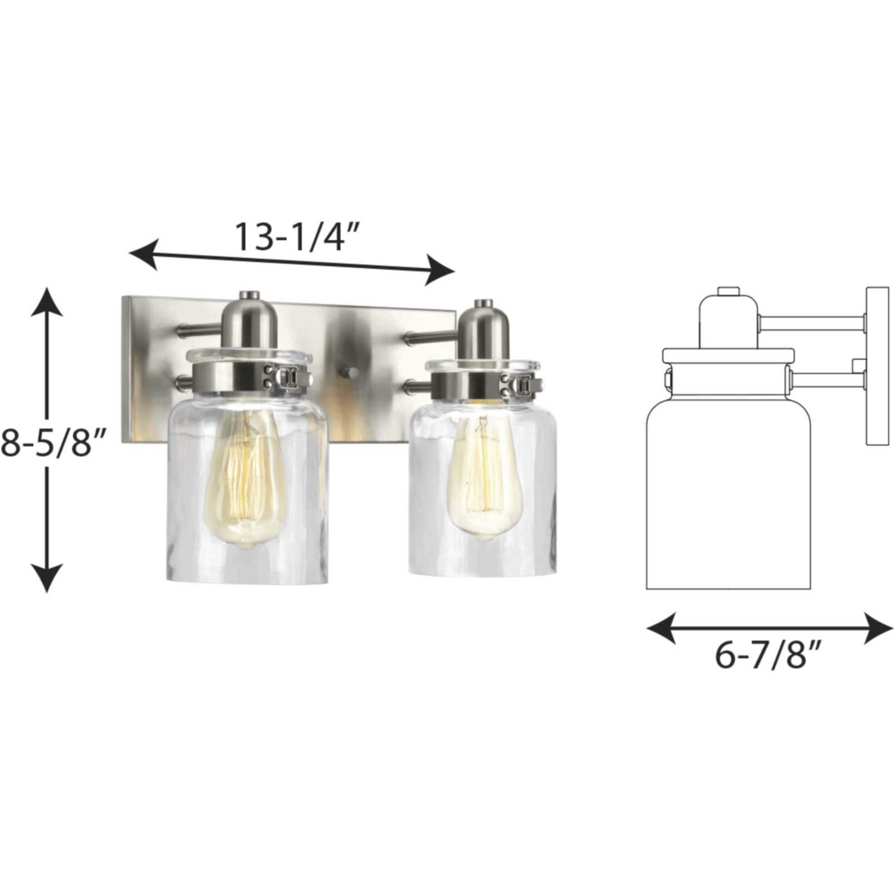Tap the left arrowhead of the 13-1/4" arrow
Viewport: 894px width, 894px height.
coord(144,254)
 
